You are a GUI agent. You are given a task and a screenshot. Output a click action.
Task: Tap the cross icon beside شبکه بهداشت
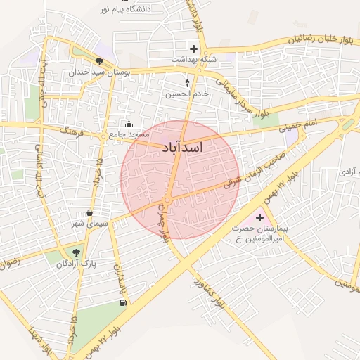(x=193, y=49)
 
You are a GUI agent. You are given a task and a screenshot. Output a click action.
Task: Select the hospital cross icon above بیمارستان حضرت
(x=259, y=217)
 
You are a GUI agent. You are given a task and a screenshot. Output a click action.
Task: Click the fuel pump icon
(x=124, y=302)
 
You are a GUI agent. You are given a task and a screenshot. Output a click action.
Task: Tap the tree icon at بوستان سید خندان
(x=99, y=61)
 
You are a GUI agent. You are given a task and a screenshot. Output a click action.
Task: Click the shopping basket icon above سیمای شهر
(x=89, y=212)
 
